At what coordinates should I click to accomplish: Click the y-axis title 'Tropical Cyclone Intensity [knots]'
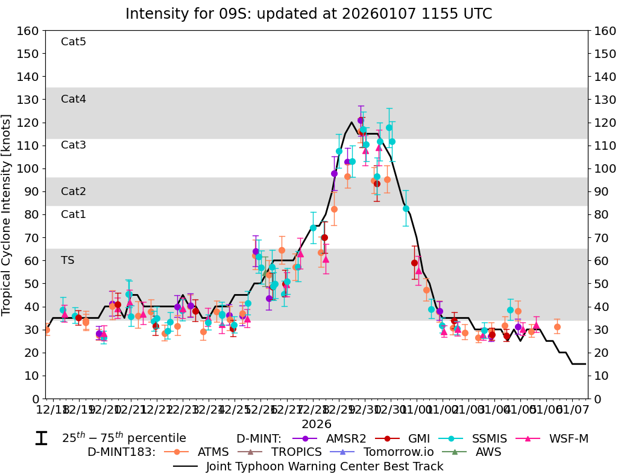coord(7,214)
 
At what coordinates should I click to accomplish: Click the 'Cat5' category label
coord(74,42)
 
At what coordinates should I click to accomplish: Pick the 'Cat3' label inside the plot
coord(74,145)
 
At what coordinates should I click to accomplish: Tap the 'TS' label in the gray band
coord(68,260)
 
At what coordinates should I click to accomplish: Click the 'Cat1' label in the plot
coord(74,214)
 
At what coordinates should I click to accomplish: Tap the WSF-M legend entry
coord(560,438)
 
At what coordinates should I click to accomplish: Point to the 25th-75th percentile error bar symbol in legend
coord(41,438)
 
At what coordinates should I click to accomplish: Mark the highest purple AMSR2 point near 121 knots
coord(361,120)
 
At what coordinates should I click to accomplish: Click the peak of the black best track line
coord(352,123)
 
